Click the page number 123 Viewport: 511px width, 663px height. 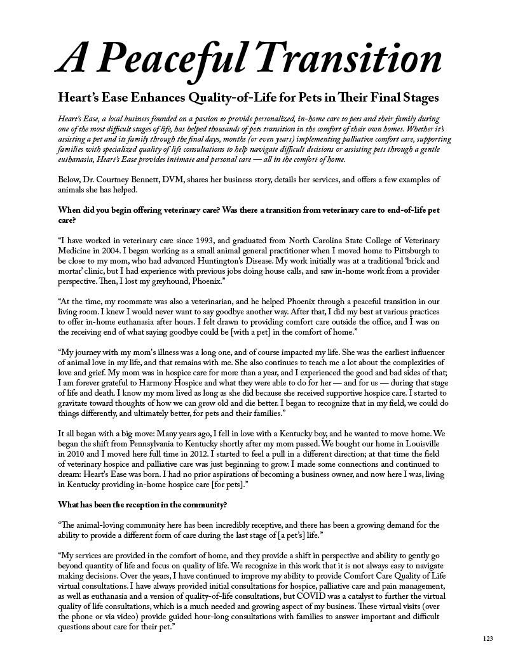click(x=487, y=638)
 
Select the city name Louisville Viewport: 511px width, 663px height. click(x=414, y=443)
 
